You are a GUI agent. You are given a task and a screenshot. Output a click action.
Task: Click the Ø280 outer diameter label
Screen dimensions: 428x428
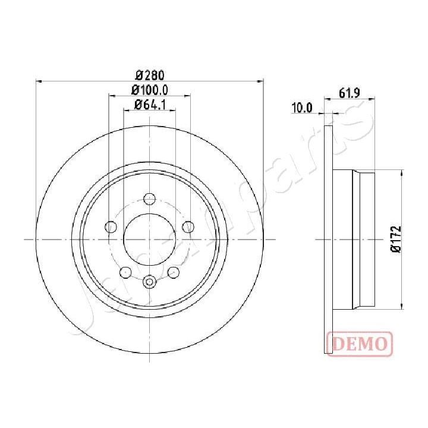click(149, 75)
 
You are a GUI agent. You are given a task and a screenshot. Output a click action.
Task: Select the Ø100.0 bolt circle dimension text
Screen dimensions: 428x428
click(150, 90)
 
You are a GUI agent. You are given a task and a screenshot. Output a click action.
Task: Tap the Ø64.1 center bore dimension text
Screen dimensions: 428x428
click(149, 105)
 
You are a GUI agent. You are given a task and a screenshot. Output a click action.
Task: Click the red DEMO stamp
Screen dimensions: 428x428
click(360, 343)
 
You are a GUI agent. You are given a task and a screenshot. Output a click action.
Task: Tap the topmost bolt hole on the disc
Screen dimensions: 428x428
click(150, 199)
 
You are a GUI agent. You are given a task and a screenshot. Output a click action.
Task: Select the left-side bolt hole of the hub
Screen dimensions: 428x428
click(111, 226)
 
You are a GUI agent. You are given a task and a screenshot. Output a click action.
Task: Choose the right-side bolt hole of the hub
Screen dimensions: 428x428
click(188, 226)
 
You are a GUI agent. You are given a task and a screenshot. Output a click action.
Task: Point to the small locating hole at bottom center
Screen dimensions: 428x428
click(150, 282)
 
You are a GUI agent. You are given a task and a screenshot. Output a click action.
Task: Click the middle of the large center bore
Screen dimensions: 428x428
click(150, 239)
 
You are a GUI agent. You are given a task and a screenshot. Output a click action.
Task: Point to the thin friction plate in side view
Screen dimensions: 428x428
click(328, 239)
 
